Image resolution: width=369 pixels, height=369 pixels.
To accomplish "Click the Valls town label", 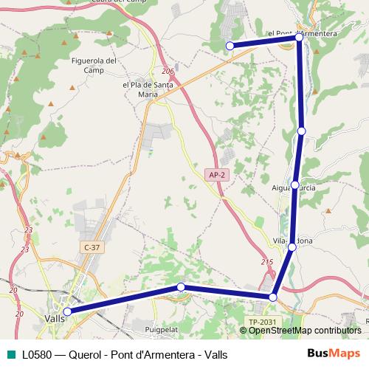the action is [x=54, y=318].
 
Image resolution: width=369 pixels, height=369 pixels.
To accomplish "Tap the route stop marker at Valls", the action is [x=67, y=311].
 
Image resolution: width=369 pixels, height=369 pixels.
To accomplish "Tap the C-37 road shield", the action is [x=92, y=247].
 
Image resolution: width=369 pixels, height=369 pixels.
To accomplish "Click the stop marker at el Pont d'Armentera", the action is [x=298, y=36].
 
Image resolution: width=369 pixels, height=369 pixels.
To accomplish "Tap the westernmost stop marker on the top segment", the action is [x=230, y=46].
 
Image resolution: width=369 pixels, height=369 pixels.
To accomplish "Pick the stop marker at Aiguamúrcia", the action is [x=295, y=184].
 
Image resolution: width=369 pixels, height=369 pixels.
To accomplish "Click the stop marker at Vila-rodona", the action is [x=292, y=247].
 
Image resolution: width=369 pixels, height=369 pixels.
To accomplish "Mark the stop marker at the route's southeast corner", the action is [x=273, y=297].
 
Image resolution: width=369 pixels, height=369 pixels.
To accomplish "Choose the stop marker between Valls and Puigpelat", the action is [x=180, y=287].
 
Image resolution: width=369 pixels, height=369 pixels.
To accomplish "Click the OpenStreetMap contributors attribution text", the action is [x=304, y=330].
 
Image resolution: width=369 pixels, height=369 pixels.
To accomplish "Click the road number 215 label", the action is [x=266, y=263].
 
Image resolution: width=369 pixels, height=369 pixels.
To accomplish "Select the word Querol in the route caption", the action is [x=85, y=354].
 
